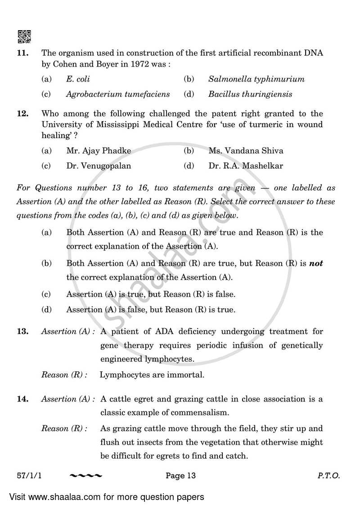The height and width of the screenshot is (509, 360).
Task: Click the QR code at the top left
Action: coord(24,36)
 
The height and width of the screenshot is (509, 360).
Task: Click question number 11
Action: coord(22,53)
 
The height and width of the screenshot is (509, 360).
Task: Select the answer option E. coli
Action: coord(78,79)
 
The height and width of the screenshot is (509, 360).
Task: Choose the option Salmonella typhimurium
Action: coord(256,79)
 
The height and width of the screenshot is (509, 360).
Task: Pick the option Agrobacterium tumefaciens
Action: coord(118,94)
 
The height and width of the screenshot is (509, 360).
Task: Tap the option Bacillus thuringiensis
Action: coord(250,94)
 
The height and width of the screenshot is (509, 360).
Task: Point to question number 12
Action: coord(22,114)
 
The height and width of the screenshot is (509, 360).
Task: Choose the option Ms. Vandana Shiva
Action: coord(246,151)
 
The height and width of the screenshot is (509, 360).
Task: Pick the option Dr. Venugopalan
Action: coord(99,166)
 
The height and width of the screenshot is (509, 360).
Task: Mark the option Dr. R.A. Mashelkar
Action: coord(246,166)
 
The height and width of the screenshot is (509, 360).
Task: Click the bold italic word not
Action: coord(316,264)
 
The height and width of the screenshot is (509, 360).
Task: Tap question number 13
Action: coord(22,332)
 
